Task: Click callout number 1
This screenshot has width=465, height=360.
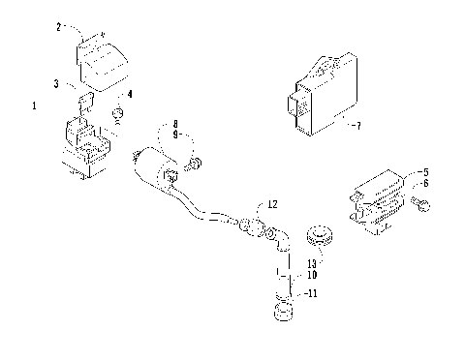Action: [x=36, y=105]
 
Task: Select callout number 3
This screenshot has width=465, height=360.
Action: [x=58, y=85]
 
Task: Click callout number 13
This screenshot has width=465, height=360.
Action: [x=312, y=261]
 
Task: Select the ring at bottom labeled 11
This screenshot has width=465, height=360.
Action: [x=283, y=313]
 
